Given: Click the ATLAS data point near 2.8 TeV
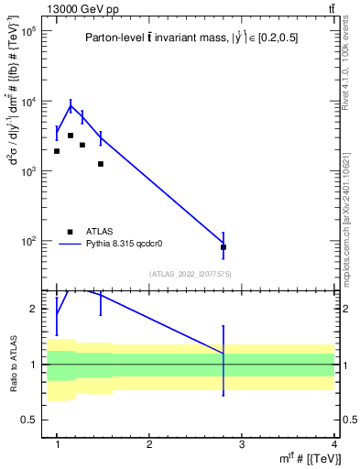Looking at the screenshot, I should [224, 247].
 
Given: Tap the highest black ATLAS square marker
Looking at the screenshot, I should [71, 136].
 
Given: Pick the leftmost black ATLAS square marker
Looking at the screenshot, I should [57, 151].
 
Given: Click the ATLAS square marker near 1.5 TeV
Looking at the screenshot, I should [101, 164].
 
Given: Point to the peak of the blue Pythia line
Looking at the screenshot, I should [71, 106].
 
